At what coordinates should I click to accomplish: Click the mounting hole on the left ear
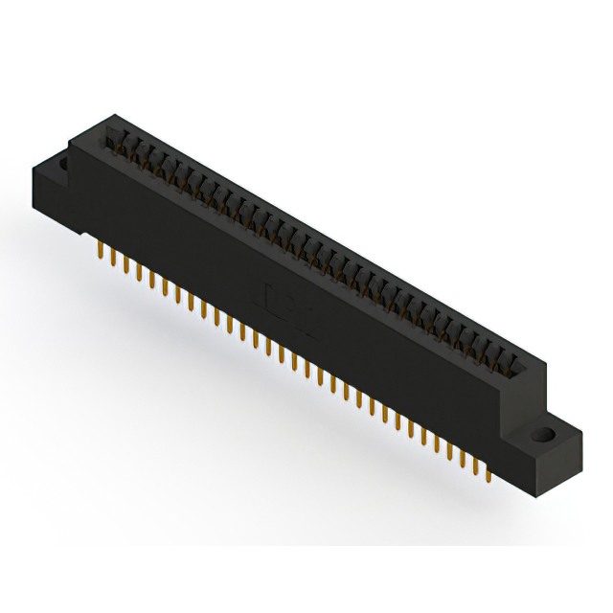pyautogui.click(x=64, y=163)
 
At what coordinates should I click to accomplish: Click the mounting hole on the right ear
pyautogui.click(x=547, y=434)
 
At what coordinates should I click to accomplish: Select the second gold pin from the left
pyautogui.click(x=114, y=256)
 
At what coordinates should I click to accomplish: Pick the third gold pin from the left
pyautogui.click(x=126, y=263)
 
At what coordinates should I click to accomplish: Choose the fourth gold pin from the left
pyautogui.click(x=139, y=271)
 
